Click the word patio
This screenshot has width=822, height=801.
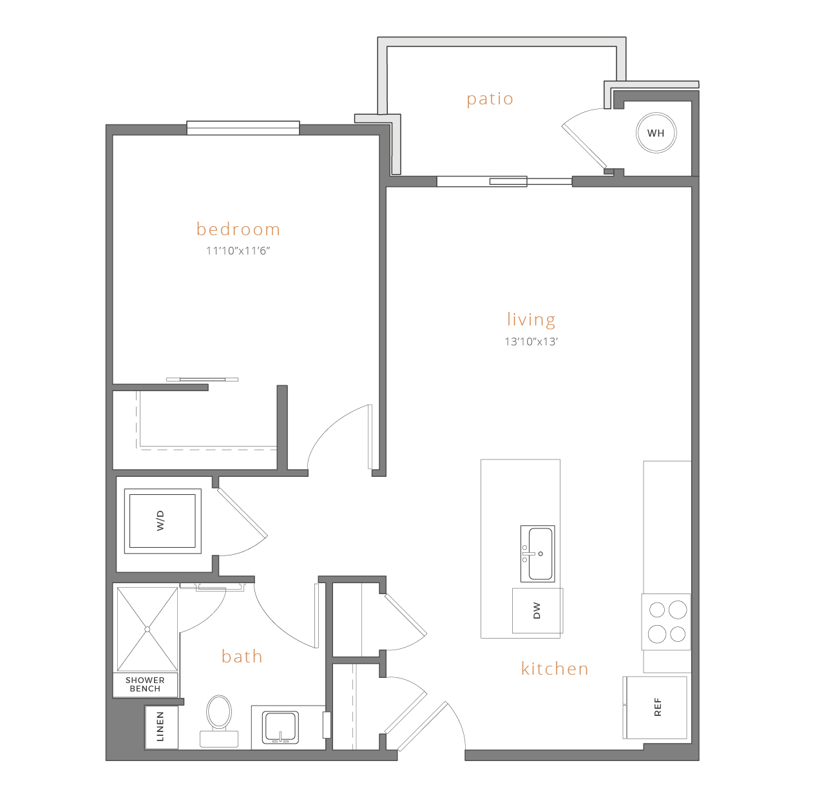tap(490, 99)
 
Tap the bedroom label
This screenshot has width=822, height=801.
tap(238, 229)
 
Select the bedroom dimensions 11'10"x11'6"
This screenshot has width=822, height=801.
tap(238, 251)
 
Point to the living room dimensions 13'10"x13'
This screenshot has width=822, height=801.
tap(531, 342)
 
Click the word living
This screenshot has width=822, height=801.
tap(531, 320)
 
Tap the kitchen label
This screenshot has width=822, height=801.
tap(555, 669)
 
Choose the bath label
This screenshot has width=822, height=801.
tap(242, 657)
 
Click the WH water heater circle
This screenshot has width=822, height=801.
tap(656, 133)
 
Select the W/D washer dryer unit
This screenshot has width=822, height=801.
tap(162, 521)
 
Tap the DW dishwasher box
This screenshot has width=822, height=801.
tap(537, 611)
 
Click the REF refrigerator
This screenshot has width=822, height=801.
tap(655, 708)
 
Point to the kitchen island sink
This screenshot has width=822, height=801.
tap(538, 554)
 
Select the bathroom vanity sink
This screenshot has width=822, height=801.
tap(280, 728)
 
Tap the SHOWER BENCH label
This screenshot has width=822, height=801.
tap(145, 684)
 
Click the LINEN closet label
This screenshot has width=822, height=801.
tap(160, 727)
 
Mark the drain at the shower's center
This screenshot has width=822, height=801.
tap(148, 630)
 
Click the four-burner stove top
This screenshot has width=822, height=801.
tap(666, 622)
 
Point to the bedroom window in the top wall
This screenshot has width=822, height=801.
tap(244, 128)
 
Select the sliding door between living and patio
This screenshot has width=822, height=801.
tap(504, 182)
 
